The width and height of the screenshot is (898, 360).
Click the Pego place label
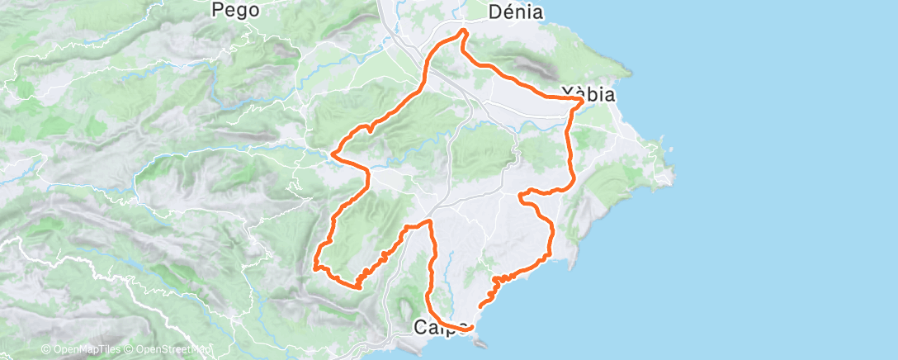[x=235, y=10]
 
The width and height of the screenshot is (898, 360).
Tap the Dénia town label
[x=515, y=12]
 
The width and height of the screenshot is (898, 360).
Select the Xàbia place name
[x=587, y=94]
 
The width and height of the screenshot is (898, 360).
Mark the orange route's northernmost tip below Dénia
[x=464, y=31]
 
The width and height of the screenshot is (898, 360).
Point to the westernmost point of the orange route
[x=314, y=266]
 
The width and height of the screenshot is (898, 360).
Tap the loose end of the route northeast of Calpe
[x=480, y=306]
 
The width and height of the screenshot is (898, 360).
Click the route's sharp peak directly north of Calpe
[x=429, y=221]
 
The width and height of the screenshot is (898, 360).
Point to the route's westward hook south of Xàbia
[x=521, y=196]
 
